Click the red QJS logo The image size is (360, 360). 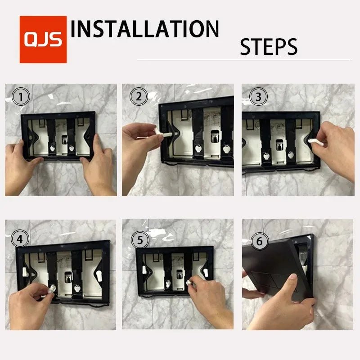43,40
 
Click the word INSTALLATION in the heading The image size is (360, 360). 145,29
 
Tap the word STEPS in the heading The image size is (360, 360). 269,47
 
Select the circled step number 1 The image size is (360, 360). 21,96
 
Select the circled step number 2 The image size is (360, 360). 139,96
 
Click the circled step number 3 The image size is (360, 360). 258,96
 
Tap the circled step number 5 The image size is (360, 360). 140,240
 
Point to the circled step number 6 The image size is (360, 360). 259,242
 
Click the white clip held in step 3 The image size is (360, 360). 316,141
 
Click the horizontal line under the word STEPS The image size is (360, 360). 243,60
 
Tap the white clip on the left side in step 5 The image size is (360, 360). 144,270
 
